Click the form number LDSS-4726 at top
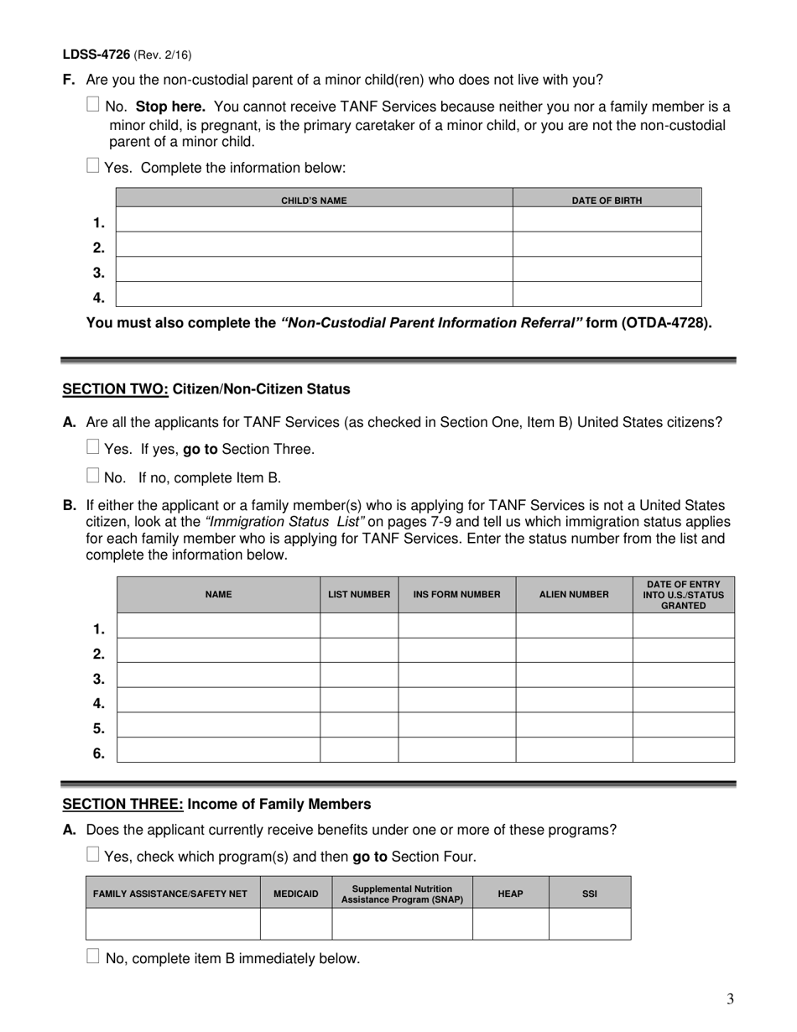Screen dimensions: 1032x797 tap(96, 55)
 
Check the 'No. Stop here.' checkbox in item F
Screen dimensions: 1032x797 tap(93, 106)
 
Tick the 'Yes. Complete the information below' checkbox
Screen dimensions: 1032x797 tap(93, 166)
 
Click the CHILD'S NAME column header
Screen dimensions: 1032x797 tap(314, 201)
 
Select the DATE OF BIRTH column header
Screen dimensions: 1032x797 tap(607, 201)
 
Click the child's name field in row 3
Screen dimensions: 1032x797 tap(314, 269)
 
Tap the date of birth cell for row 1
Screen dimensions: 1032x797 tap(607, 220)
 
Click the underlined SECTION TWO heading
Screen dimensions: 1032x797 tap(116, 389)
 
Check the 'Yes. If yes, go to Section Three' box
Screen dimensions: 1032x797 tap(93, 447)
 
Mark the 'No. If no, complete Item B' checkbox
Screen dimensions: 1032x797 tap(93, 476)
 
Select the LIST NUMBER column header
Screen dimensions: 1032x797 tap(359, 595)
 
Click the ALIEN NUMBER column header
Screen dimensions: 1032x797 tap(574, 595)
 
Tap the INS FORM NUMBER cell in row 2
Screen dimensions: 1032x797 tap(456, 650)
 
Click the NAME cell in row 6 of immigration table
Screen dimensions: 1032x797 tap(218, 750)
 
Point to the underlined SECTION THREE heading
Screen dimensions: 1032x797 tap(123, 805)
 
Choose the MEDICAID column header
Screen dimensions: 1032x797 tap(296, 894)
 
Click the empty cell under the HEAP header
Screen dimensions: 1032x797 tap(510, 924)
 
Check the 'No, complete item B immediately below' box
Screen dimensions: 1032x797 tap(93, 956)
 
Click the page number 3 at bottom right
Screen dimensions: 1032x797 tap(730, 998)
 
